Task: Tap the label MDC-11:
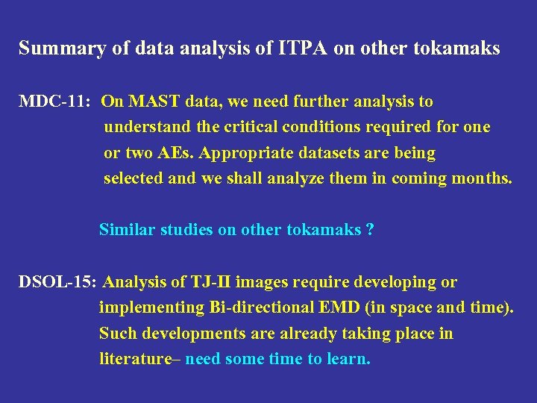[49, 101]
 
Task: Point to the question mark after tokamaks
[370, 230]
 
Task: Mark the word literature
[135, 359]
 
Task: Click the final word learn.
[347, 359]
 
